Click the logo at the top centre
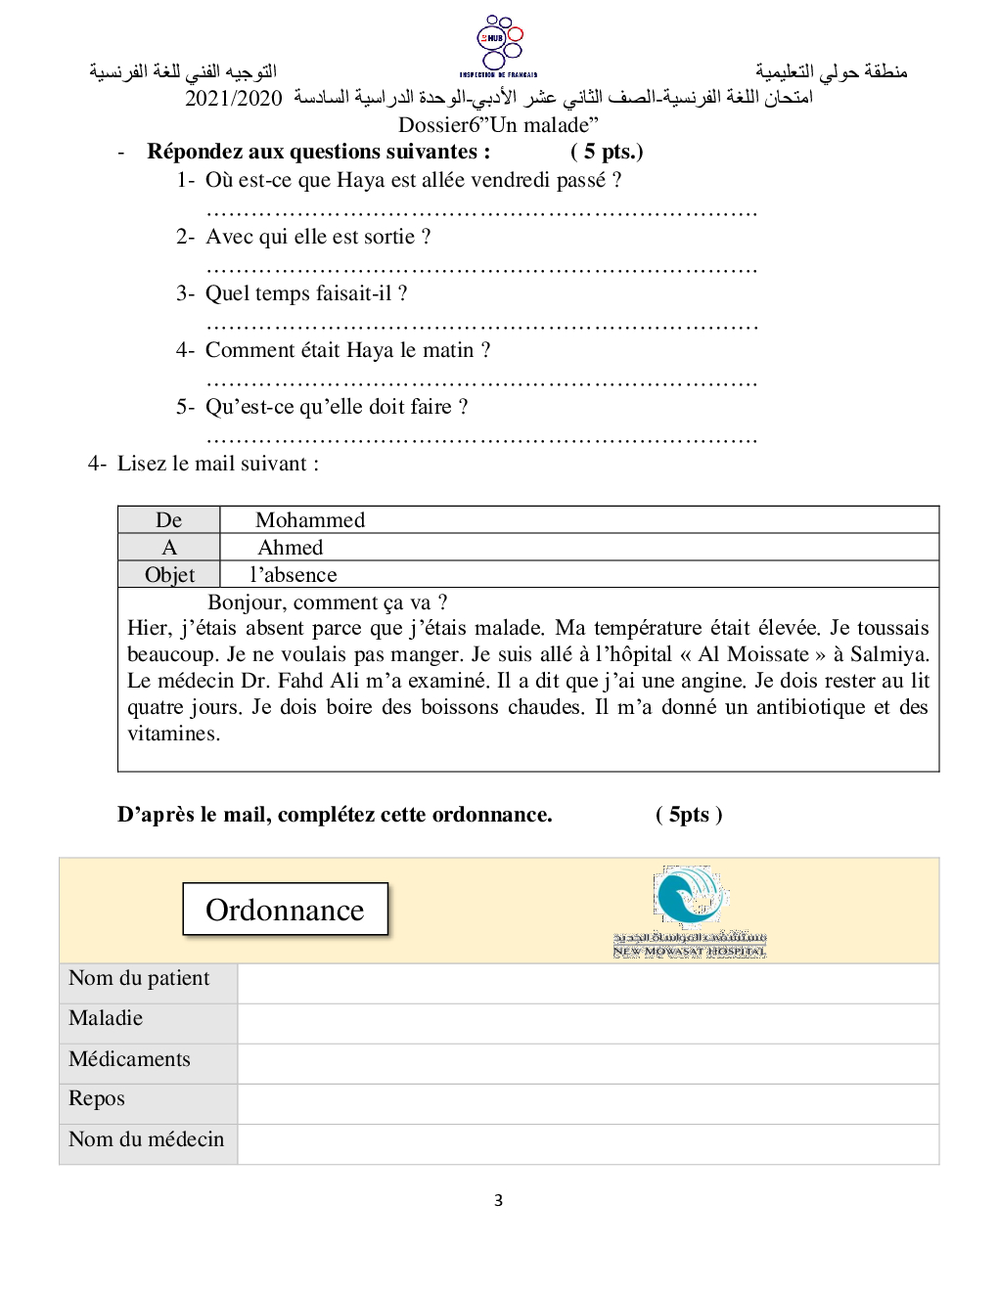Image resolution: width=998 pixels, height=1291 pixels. point(499,45)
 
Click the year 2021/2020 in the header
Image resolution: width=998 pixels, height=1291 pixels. point(233,98)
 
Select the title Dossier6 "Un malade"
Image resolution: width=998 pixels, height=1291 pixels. point(498,124)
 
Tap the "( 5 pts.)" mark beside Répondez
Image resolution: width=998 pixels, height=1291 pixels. point(607,152)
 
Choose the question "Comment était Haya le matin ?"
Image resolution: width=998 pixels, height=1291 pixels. point(347,350)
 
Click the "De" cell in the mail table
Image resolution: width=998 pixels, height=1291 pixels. point(169,520)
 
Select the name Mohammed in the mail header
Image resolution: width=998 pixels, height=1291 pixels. point(310,520)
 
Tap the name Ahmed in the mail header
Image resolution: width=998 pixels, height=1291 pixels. point(291,548)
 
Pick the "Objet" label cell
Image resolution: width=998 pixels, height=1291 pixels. point(169,575)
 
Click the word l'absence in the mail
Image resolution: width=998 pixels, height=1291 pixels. point(294,575)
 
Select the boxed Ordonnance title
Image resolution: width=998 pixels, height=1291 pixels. point(285,910)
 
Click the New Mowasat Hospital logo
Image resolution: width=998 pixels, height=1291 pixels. point(690,911)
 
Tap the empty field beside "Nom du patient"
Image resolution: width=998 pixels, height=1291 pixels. point(587,983)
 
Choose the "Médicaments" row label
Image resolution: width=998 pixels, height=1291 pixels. point(130,1059)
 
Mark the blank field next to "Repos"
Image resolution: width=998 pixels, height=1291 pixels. point(587,1103)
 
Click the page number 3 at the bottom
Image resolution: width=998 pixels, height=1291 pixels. point(498,1200)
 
